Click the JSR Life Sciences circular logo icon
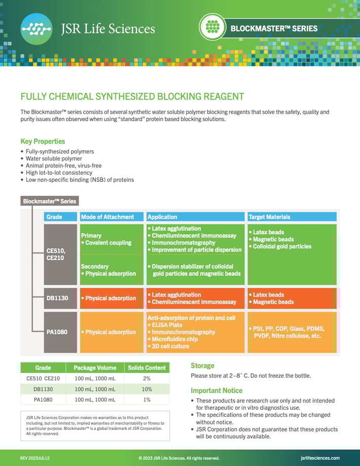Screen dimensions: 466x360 (37, 29)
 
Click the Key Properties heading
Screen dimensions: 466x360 (43, 141)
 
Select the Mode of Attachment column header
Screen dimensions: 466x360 (107, 217)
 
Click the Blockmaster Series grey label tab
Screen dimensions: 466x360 (49, 201)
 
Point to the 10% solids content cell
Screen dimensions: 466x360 (147, 389)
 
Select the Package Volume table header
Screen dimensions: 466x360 (95, 368)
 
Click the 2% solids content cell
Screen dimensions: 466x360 (147, 378)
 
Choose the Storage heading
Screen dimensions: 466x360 (202, 366)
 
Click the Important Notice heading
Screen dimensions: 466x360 (217, 390)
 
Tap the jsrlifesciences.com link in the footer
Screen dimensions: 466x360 (320, 458)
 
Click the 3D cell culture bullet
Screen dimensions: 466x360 (170, 346)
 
